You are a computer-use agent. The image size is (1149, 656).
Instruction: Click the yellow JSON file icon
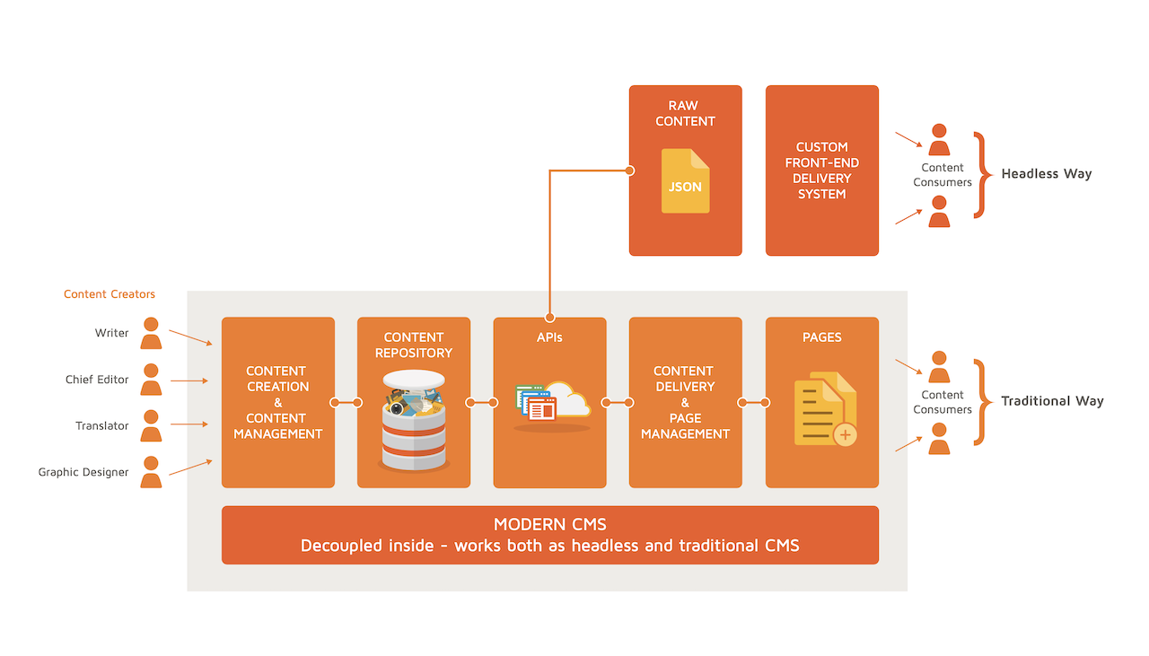click(685, 180)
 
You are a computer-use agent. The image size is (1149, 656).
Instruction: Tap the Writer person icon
click(151, 334)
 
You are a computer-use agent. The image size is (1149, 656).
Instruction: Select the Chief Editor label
click(96, 380)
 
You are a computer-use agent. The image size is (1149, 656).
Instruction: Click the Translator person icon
click(151, 425)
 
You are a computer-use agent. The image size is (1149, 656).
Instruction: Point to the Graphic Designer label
click(83, 472)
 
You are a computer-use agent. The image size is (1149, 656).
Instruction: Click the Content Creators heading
click(110, 293)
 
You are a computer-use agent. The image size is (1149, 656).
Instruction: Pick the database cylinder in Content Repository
click(414, 420)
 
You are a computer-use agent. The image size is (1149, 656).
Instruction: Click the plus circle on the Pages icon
click(845, 435)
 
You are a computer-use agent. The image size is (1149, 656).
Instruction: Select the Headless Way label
click(1047, 174)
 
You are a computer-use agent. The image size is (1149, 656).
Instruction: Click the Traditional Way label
click(1052, 401)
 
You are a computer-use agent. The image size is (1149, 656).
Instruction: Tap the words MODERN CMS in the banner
click(550, 524)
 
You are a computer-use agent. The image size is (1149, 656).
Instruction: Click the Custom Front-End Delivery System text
click(821, 171)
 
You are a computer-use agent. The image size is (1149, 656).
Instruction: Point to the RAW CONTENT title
click(685, 113)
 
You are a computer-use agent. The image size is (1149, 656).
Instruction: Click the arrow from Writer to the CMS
click(191, 337)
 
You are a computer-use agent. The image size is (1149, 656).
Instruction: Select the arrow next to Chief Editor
click(189, 380)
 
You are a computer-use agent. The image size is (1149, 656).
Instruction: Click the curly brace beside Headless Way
click(983, 175)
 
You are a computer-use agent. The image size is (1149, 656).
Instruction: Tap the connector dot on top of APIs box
click(550, 318)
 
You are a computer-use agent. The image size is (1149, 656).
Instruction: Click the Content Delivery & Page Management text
click(685, 402)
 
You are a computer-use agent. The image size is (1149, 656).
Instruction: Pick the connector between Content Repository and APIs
click(482, 403)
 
